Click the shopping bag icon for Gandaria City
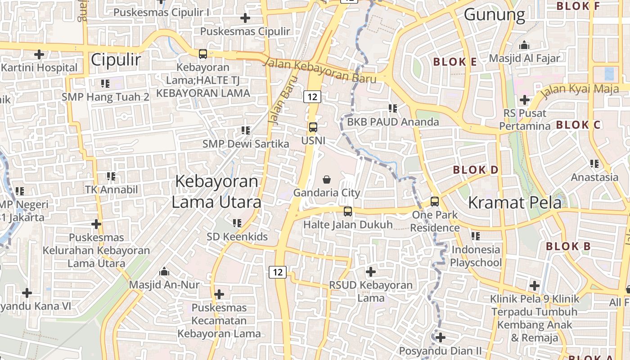pyautogui.click(x=327, y=180)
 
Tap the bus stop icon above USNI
pyautogui.click(x=313, y=127)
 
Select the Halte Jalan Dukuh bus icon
pyautogui.click(x=347, y=211)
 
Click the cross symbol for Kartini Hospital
pyautogui.click(x=39, y=55)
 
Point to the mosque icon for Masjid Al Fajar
pyautogui.click(x=524, y=45)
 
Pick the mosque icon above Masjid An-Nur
pyautogui.click(x=164, y=271)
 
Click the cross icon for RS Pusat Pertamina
pyautogui.click(x=524, y=100)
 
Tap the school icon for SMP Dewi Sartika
pyautogui.click(x=245, y=130)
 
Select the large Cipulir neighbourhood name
pyautogui.click(x=116, y=59)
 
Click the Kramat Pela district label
pyautogui.click(x=515, y=202)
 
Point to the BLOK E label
pyautogui.click(x=454, y=62)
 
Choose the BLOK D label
pyautogui.click(x=476, y=170)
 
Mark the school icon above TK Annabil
pyautogui.click(x=111, y=176)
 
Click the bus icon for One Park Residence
pyautogui.click(x=434, y=201)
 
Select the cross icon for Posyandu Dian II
pyautogui.click(x=440, y=337)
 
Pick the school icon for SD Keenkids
pyautogui.click(x=237, y=223)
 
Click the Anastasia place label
pyautogui.click(x=594, y=177)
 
